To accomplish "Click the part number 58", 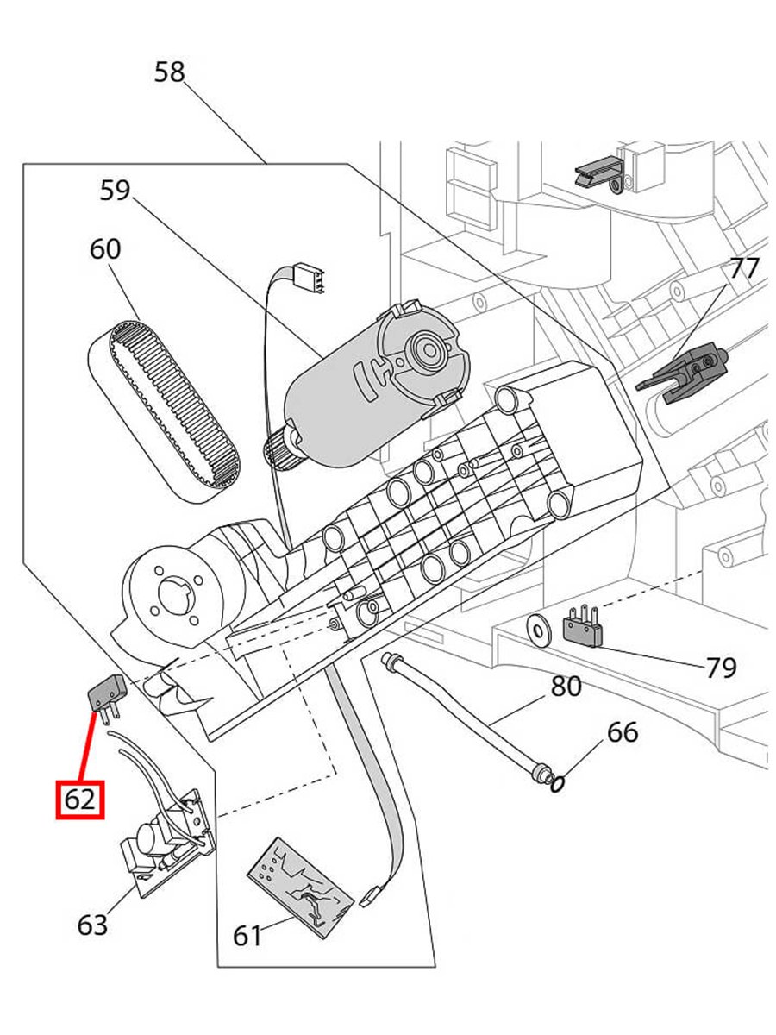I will point(170,72).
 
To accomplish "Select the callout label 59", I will point(115,190).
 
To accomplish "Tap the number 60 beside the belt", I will point(105,249).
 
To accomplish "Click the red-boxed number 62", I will point(79,800).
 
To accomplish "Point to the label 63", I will point(92,925).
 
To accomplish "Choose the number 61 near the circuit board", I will point(247,935).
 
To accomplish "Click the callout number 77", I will point(744,269).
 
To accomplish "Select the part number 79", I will point(721,667).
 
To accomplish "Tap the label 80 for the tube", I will point(566,687).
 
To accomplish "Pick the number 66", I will point(623,732).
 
